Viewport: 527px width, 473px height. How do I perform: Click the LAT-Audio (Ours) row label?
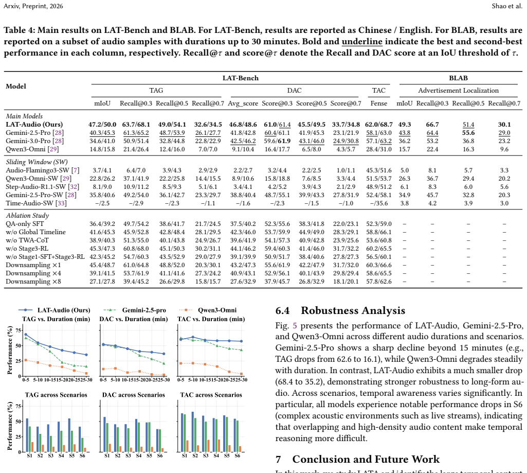point(34,125)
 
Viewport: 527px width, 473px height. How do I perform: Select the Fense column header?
point(379,103)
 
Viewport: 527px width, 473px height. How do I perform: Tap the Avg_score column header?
point(243,103)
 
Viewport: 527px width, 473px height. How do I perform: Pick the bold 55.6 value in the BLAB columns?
point(468,133)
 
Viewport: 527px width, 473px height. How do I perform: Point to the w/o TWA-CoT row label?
point(27,240)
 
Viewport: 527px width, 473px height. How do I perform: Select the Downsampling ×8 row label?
point(33,282)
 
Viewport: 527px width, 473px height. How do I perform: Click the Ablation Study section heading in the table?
point(28,216)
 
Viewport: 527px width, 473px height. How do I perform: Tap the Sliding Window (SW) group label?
point(37,162)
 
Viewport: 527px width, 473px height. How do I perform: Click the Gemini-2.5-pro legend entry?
point(134,310)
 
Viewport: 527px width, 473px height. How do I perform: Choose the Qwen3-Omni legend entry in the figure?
point(208,310)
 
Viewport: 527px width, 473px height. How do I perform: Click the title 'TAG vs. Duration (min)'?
point(56,319)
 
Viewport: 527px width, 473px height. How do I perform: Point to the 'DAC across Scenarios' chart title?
point(134,395)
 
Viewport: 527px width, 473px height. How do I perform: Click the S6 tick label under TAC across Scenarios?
point(238,456)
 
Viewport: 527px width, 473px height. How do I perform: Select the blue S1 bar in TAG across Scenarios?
point(27,435)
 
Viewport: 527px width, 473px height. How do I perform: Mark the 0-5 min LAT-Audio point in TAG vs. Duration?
point(26,335)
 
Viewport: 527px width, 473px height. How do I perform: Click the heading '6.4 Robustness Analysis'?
point(340,310)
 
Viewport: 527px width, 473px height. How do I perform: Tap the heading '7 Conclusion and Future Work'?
point(358,459)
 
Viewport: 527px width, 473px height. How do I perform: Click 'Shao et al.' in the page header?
point(507,6)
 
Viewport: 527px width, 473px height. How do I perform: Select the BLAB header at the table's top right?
point(459,78)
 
